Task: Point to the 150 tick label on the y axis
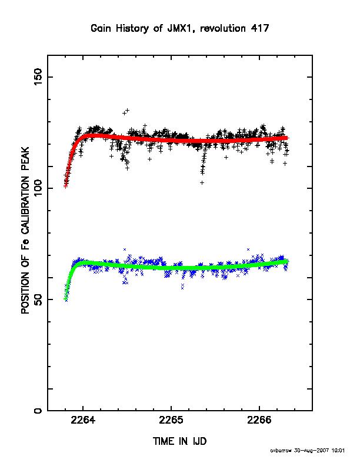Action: [38, 76]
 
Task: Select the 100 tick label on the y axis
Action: [38, 188]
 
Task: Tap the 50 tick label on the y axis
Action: [38, 299]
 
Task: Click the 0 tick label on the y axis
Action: [38, 411]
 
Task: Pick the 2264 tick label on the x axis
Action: [83, 420]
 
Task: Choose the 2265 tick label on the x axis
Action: [171, 420]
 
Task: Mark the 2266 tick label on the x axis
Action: [259, 420]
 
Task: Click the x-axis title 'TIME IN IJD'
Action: [179, 441]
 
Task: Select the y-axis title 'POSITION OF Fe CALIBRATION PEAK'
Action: [25, 230]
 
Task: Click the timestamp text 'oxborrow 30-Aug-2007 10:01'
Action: [308, 451]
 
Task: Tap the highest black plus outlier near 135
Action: [128, 110]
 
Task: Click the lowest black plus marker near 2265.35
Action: [202, 182]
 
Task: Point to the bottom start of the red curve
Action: [66, 187]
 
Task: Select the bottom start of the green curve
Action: [65, 299]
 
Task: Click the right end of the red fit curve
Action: [287, 138]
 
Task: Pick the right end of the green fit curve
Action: [286, 261]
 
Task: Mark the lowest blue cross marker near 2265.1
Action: [182, 288]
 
